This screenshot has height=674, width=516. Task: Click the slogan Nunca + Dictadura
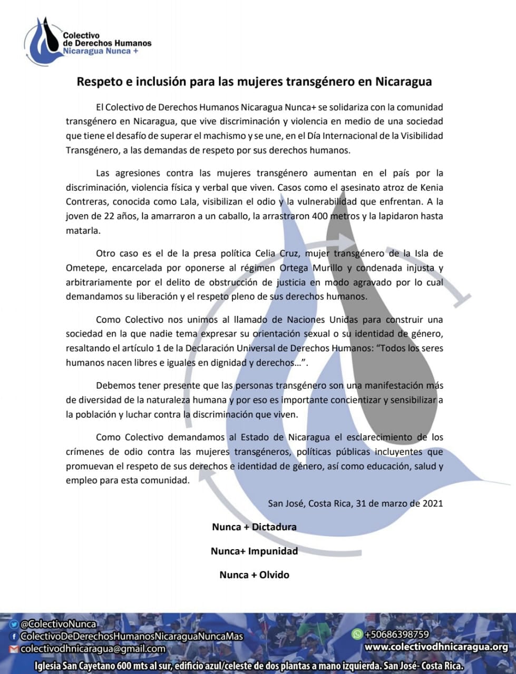click(x=254, y=527)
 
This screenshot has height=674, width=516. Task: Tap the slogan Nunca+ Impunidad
click(x=254, y=551)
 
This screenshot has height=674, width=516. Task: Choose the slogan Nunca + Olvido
click(x=254, y=574)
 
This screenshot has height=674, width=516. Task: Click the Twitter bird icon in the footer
click(x=14, y=625)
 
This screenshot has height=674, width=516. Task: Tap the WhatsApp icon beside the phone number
click(x=357, y=635)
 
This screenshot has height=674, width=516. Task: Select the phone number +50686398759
click(x=397, y=635)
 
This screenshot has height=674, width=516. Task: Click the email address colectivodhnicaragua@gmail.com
click(x=93, y=649)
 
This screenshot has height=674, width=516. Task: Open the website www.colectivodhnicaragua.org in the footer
click(x=436, y=647)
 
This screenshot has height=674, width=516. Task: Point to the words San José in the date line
click(x=285, y=503)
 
